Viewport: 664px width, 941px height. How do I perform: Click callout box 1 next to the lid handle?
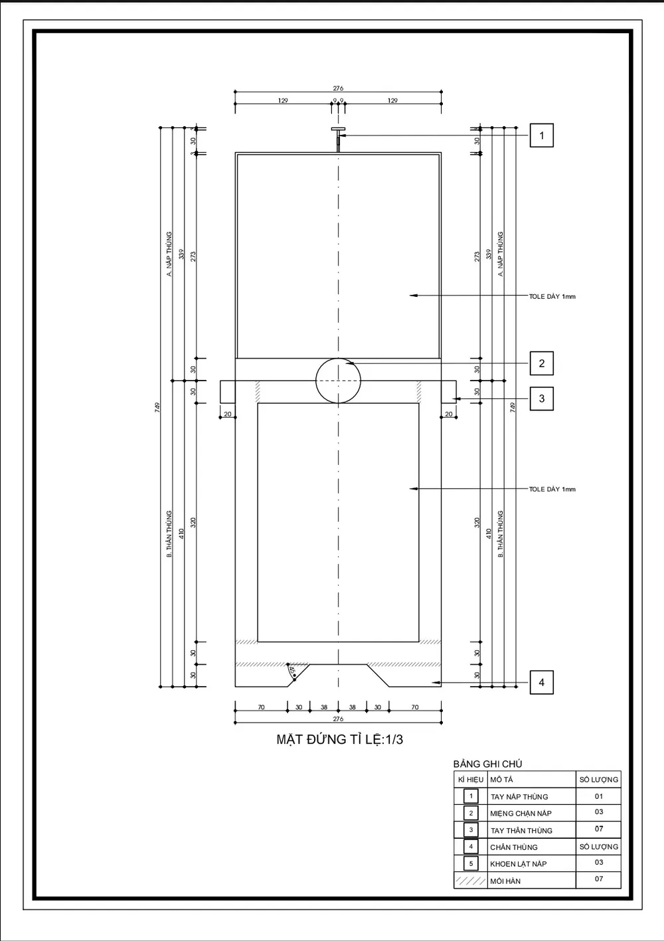541,135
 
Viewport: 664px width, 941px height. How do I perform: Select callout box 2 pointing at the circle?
541,363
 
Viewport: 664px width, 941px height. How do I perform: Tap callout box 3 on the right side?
541,398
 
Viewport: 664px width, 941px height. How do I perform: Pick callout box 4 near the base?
541,682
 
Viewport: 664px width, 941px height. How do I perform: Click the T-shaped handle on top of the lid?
338,131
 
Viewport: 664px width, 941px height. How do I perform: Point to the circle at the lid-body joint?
339,381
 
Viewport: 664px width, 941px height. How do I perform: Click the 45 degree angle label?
291,671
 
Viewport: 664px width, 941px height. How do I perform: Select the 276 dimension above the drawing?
338,88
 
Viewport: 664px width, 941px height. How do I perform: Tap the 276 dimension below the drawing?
338,719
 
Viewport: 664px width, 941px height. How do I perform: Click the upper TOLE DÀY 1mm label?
552,296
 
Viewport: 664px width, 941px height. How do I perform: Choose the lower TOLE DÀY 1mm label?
552,489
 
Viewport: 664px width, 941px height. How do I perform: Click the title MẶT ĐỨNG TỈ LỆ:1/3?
339,739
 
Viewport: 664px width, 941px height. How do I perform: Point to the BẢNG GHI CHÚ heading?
487,764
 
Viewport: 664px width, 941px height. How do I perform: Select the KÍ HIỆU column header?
471,780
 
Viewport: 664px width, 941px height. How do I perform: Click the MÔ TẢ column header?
501,780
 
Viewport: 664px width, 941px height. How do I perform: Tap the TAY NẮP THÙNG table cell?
519,796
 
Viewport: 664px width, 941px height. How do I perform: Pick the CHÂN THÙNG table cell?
514,847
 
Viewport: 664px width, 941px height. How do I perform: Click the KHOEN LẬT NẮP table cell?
519,863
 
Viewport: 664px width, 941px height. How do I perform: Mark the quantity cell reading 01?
599,796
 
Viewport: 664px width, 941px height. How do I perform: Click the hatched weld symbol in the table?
471,881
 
